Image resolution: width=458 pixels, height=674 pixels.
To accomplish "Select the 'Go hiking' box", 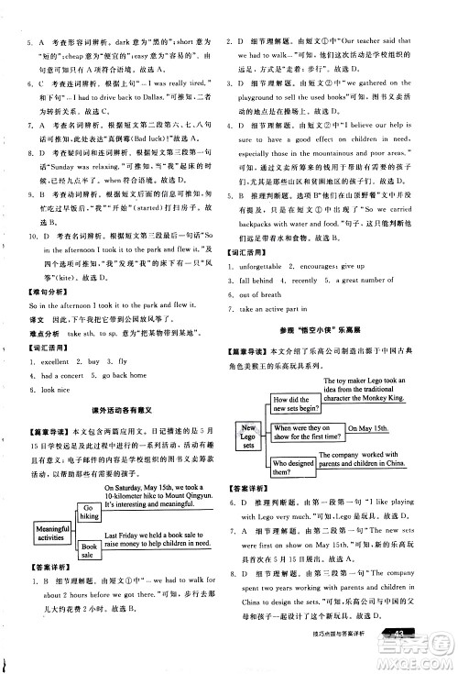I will (89, 511).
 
